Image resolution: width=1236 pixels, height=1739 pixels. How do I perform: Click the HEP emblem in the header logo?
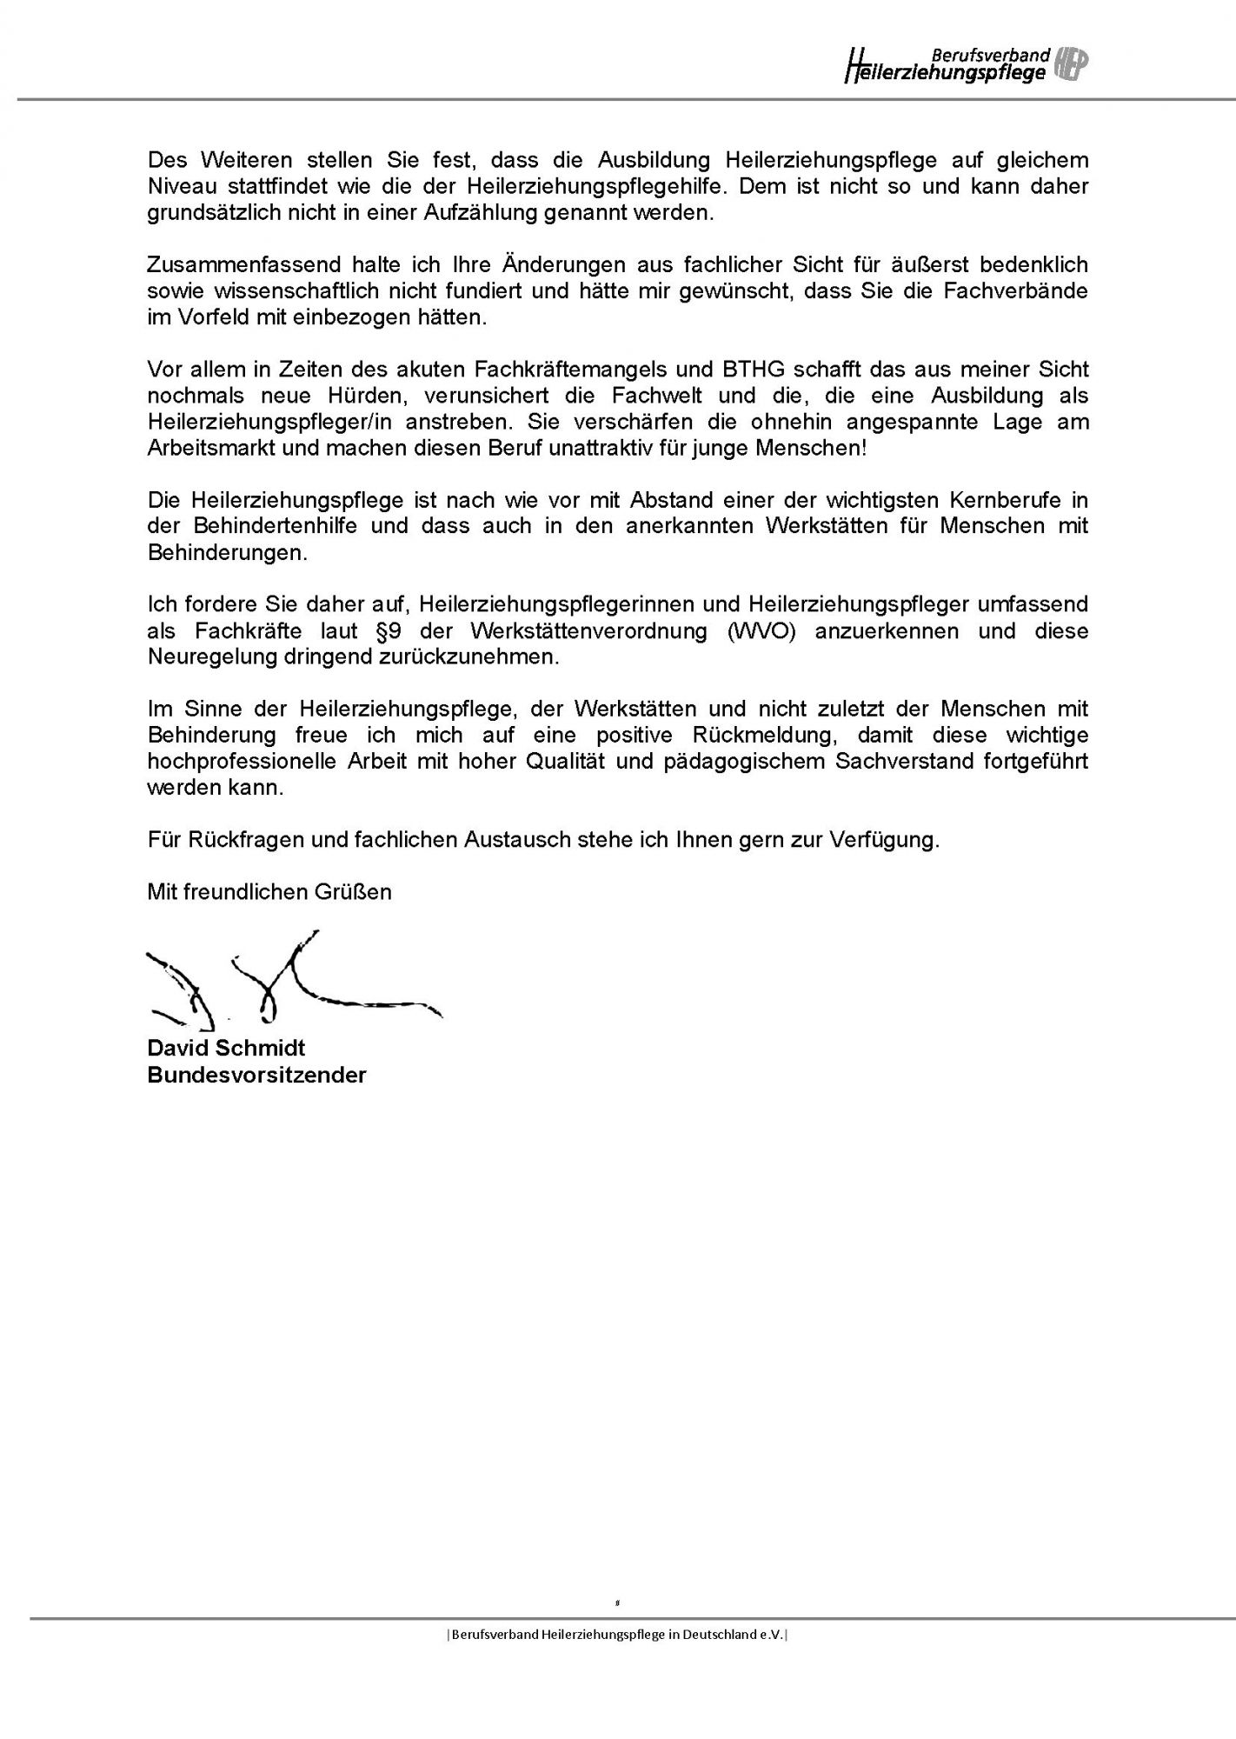(1071, 64)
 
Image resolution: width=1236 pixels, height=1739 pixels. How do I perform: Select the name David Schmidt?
(226, 1048)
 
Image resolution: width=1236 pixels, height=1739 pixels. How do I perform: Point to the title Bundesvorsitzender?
(256, 1075)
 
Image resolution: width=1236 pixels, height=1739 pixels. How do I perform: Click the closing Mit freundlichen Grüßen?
(269, 891)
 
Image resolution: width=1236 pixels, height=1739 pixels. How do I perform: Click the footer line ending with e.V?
(617, 1635)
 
